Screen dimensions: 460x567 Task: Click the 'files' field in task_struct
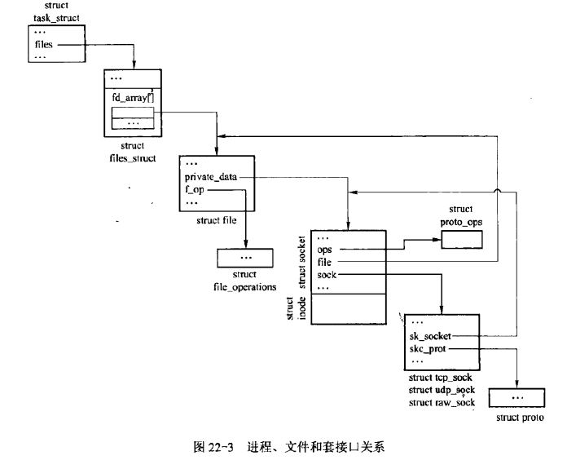point(43,45)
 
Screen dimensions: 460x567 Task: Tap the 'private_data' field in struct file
point(212,176)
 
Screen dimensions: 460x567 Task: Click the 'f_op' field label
point(196,189)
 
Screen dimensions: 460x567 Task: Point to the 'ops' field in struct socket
point(325,249)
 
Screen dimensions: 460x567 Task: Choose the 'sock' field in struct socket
point(327,275)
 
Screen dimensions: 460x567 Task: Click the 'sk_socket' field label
point(431,335)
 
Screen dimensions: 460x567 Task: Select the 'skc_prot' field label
point(428,348)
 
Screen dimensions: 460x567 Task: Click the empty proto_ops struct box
point(468,238)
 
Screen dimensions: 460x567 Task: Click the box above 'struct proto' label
point(518,397)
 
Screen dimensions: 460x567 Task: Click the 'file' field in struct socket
point(325,262)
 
